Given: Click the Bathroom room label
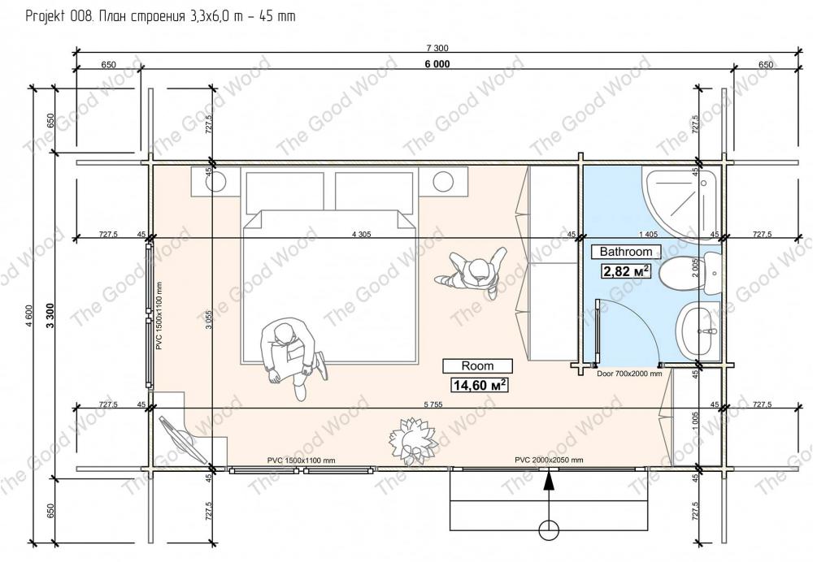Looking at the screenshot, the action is (x=626, y=252).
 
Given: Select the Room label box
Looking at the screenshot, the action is (x=477, y=365).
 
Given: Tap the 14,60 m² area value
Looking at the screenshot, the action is (x=480, y=385).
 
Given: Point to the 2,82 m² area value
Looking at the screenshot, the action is (x=626, y=271).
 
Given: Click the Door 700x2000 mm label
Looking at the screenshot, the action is (x=629, y=373).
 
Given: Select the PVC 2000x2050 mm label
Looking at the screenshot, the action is (x=549, y=460).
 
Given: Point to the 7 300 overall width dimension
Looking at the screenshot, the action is (x=437, y=48).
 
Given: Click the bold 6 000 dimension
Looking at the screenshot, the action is (x=437, y=63).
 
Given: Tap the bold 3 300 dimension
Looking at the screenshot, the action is (x=50, y=315).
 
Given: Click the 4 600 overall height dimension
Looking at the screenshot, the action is (x=29, y=315).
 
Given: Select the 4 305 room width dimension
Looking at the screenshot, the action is (x=362, y=234).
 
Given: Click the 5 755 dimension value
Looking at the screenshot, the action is (x=433, y=404).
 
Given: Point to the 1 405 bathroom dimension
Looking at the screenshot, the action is (x=648, y=235).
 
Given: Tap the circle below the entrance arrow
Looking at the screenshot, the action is (x=549, y=530).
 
